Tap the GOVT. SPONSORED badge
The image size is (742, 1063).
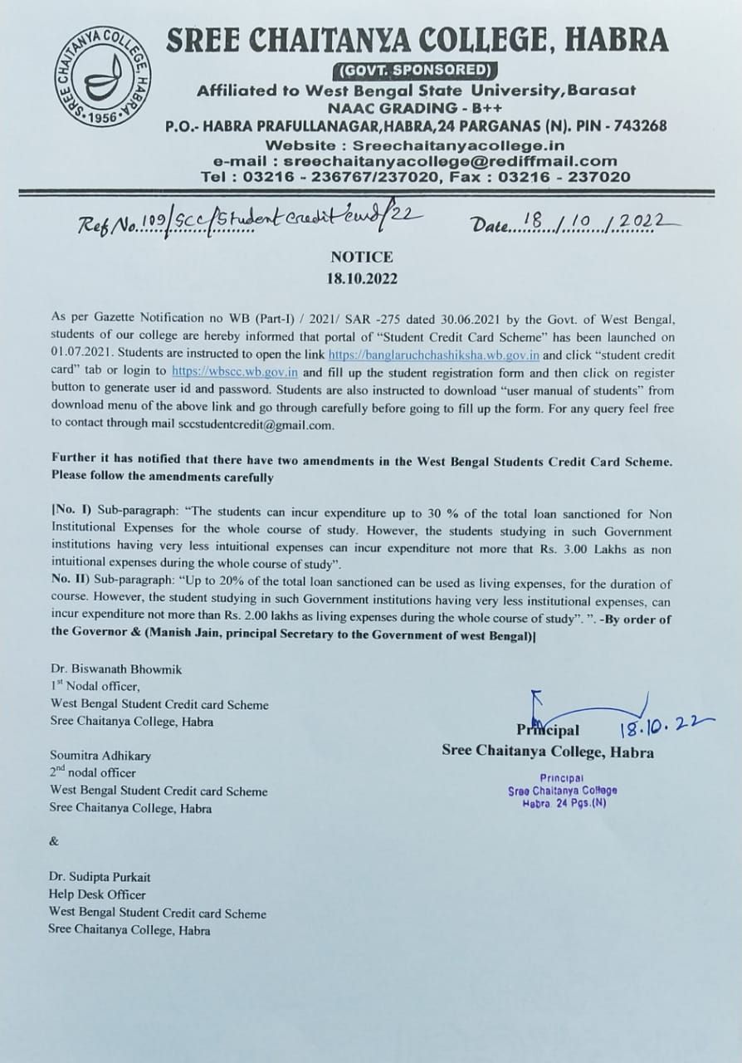pyautogui.click(x=414, y=69)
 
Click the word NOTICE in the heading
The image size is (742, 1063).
pyautogui.click(x=361, y=257)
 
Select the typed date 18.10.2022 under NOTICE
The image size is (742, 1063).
pyautogui.click(x=361, y=278)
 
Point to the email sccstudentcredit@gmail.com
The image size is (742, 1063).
pyautogui.click(x=255, y=424)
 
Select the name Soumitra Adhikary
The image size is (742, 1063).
pyautogui.click(x=100, y=757)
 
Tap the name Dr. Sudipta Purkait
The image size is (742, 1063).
pyautogui.click(x=100, y=877)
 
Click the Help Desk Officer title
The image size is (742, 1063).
pyautogui.click(x=96, y=894)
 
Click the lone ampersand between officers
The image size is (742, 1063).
pyautogui.click(x=54, y=841)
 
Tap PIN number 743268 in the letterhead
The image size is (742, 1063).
pyautogui.click(x=637, y=125)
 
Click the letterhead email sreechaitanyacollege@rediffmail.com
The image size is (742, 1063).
pyautogui.click(x=450, y=161)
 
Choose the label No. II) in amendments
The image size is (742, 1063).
pyautogui.click(x=70, y=585)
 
